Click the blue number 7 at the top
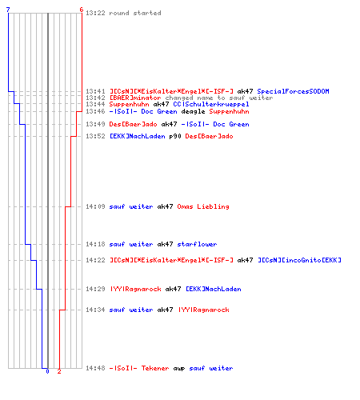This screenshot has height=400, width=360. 8,10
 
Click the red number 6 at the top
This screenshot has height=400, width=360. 82,10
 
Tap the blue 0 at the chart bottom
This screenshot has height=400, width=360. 47,371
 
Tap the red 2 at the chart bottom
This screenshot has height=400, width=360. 59,371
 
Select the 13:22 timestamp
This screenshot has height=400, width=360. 95,13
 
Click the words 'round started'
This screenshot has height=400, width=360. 135,13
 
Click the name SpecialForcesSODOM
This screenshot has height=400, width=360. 293,91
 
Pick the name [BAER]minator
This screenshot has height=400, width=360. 135,98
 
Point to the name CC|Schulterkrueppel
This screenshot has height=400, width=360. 211,104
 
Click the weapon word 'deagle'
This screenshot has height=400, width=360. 193,111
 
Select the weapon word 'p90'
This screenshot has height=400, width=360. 175,137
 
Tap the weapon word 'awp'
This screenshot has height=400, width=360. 179,369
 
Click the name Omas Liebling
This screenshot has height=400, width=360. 203,206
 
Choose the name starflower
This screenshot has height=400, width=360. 197,244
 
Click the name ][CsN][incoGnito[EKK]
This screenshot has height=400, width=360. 299,260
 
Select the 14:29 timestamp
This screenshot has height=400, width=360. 95,289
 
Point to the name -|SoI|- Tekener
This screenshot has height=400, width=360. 139,368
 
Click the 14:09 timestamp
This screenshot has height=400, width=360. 95,206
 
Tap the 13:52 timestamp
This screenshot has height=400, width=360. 95,137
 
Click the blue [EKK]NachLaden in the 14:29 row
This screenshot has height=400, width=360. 214,289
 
